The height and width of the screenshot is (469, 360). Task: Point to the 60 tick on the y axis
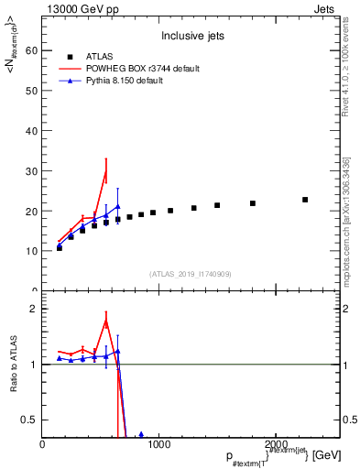33,51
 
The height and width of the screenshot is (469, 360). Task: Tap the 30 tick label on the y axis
33,171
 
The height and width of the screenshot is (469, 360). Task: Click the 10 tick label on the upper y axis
33,251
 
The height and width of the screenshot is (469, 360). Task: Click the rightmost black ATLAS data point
305,200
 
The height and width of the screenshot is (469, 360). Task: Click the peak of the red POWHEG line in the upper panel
105,172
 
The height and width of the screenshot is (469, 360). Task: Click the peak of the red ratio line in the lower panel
105,321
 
